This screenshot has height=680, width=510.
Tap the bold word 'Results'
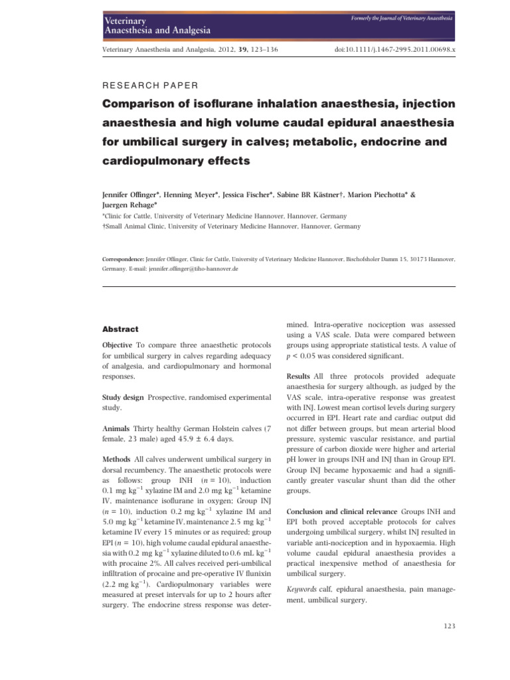[298, 377]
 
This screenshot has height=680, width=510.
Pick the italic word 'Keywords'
[301, 588]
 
